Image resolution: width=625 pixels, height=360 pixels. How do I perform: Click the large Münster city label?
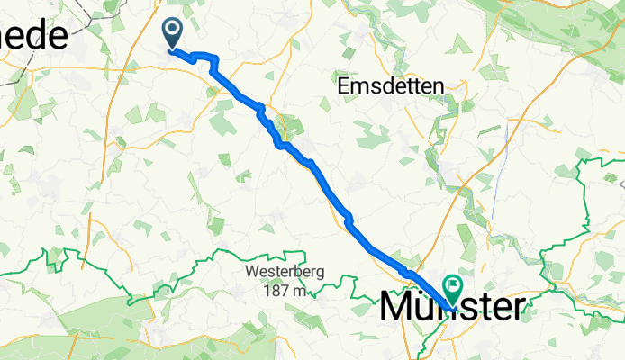point(450,307)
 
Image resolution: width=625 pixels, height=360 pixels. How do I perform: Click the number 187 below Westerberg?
point(272,291)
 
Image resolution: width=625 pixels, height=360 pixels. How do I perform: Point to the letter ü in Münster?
point(429,307)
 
